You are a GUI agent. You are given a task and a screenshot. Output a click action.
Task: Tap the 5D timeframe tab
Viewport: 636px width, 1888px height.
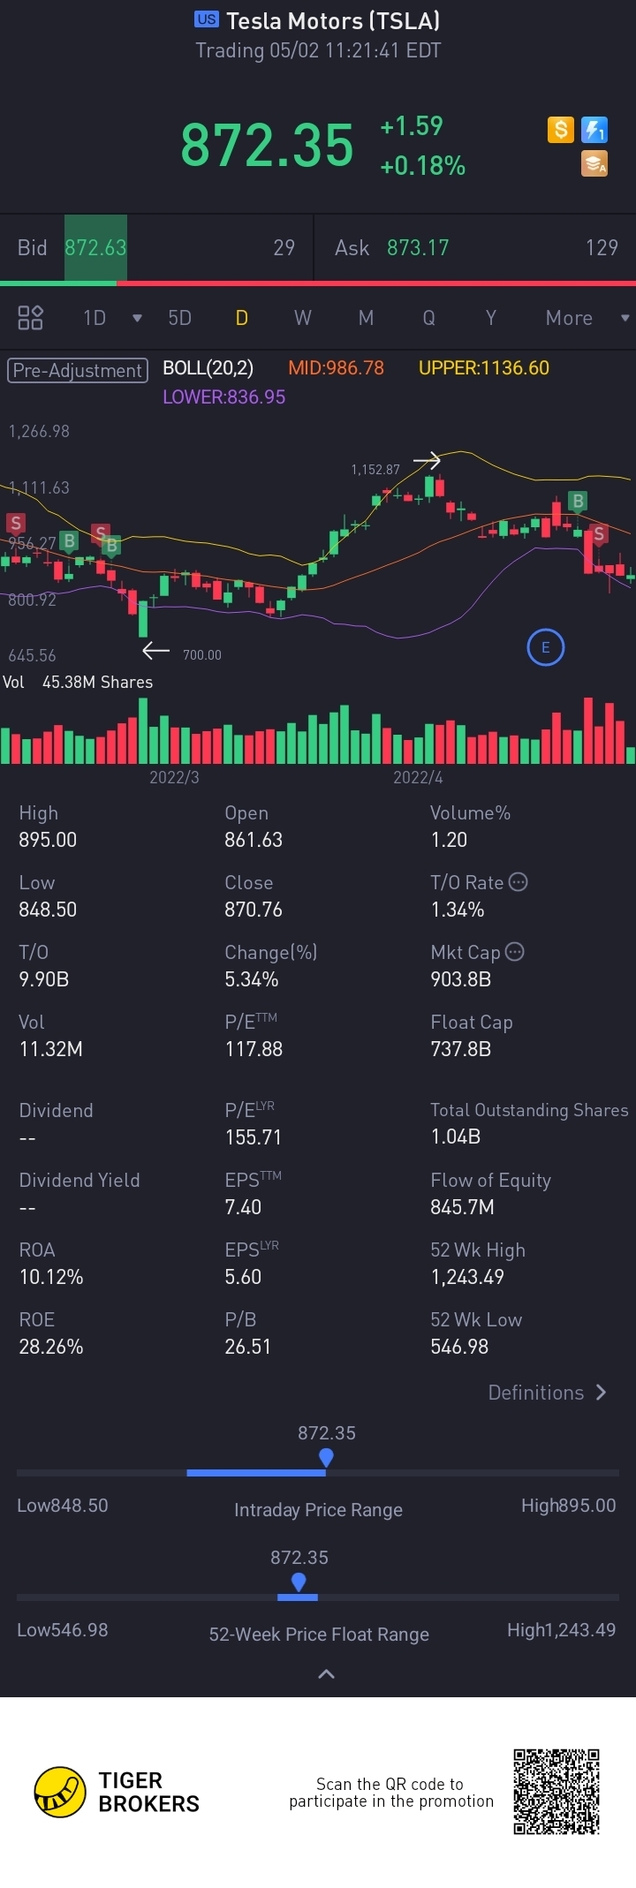(x=179, y=318)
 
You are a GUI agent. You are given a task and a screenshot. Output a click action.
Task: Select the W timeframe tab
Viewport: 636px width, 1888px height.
(x=303, y=318)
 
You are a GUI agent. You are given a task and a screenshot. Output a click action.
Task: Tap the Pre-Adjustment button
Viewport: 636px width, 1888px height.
(x=78, y=370)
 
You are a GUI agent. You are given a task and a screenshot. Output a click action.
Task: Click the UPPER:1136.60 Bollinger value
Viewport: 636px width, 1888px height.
(x=483, y=368)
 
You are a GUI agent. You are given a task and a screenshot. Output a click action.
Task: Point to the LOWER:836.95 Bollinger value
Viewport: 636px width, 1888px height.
(x=223, y=397)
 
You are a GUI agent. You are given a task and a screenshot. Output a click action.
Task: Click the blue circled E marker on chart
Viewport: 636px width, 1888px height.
(x=545, y=647)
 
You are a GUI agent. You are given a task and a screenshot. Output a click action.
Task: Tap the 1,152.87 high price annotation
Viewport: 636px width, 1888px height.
(x=375, y=470)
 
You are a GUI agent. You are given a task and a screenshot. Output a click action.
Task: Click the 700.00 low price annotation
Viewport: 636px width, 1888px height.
(x=202, y=655)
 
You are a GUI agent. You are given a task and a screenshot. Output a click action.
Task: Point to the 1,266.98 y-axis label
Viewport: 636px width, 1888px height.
(x=39, y=432)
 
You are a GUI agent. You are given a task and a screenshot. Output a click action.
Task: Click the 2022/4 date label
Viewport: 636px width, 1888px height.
(x=418, y=777)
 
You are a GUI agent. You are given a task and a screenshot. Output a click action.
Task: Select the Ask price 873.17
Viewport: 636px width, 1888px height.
(x=418, y=248)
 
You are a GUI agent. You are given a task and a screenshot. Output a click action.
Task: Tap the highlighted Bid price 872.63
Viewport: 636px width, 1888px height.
(x=95, y=248)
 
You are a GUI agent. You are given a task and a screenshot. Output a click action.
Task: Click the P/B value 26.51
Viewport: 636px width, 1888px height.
(x=247, y=1347)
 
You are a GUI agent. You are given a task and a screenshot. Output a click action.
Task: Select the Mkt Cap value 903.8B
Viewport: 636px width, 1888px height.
(x=460, y=979)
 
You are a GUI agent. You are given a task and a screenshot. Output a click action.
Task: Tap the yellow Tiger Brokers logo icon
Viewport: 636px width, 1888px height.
(x=60, y=1792)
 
